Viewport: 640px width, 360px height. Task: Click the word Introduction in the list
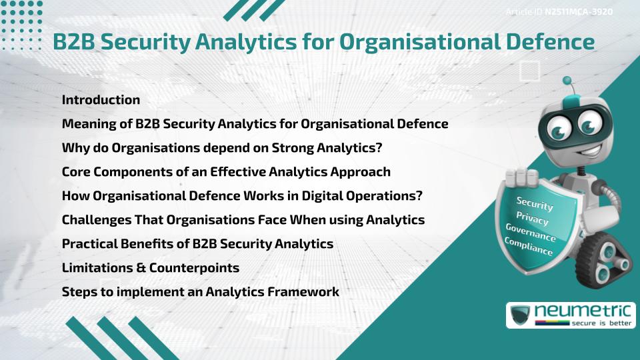(x=101, y=100)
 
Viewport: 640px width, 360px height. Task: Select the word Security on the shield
(x=535, y=204)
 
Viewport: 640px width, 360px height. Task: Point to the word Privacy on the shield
(x=532, y=219)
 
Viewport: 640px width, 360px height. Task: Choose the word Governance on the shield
(x=531, y=233)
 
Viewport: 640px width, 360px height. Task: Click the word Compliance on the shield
(x=529, y=247)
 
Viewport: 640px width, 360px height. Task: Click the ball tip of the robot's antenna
(x=569, y=83)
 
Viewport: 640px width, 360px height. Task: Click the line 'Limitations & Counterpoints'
(x=151, y=267)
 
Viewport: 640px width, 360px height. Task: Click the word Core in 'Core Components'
(x=75, y=171)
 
